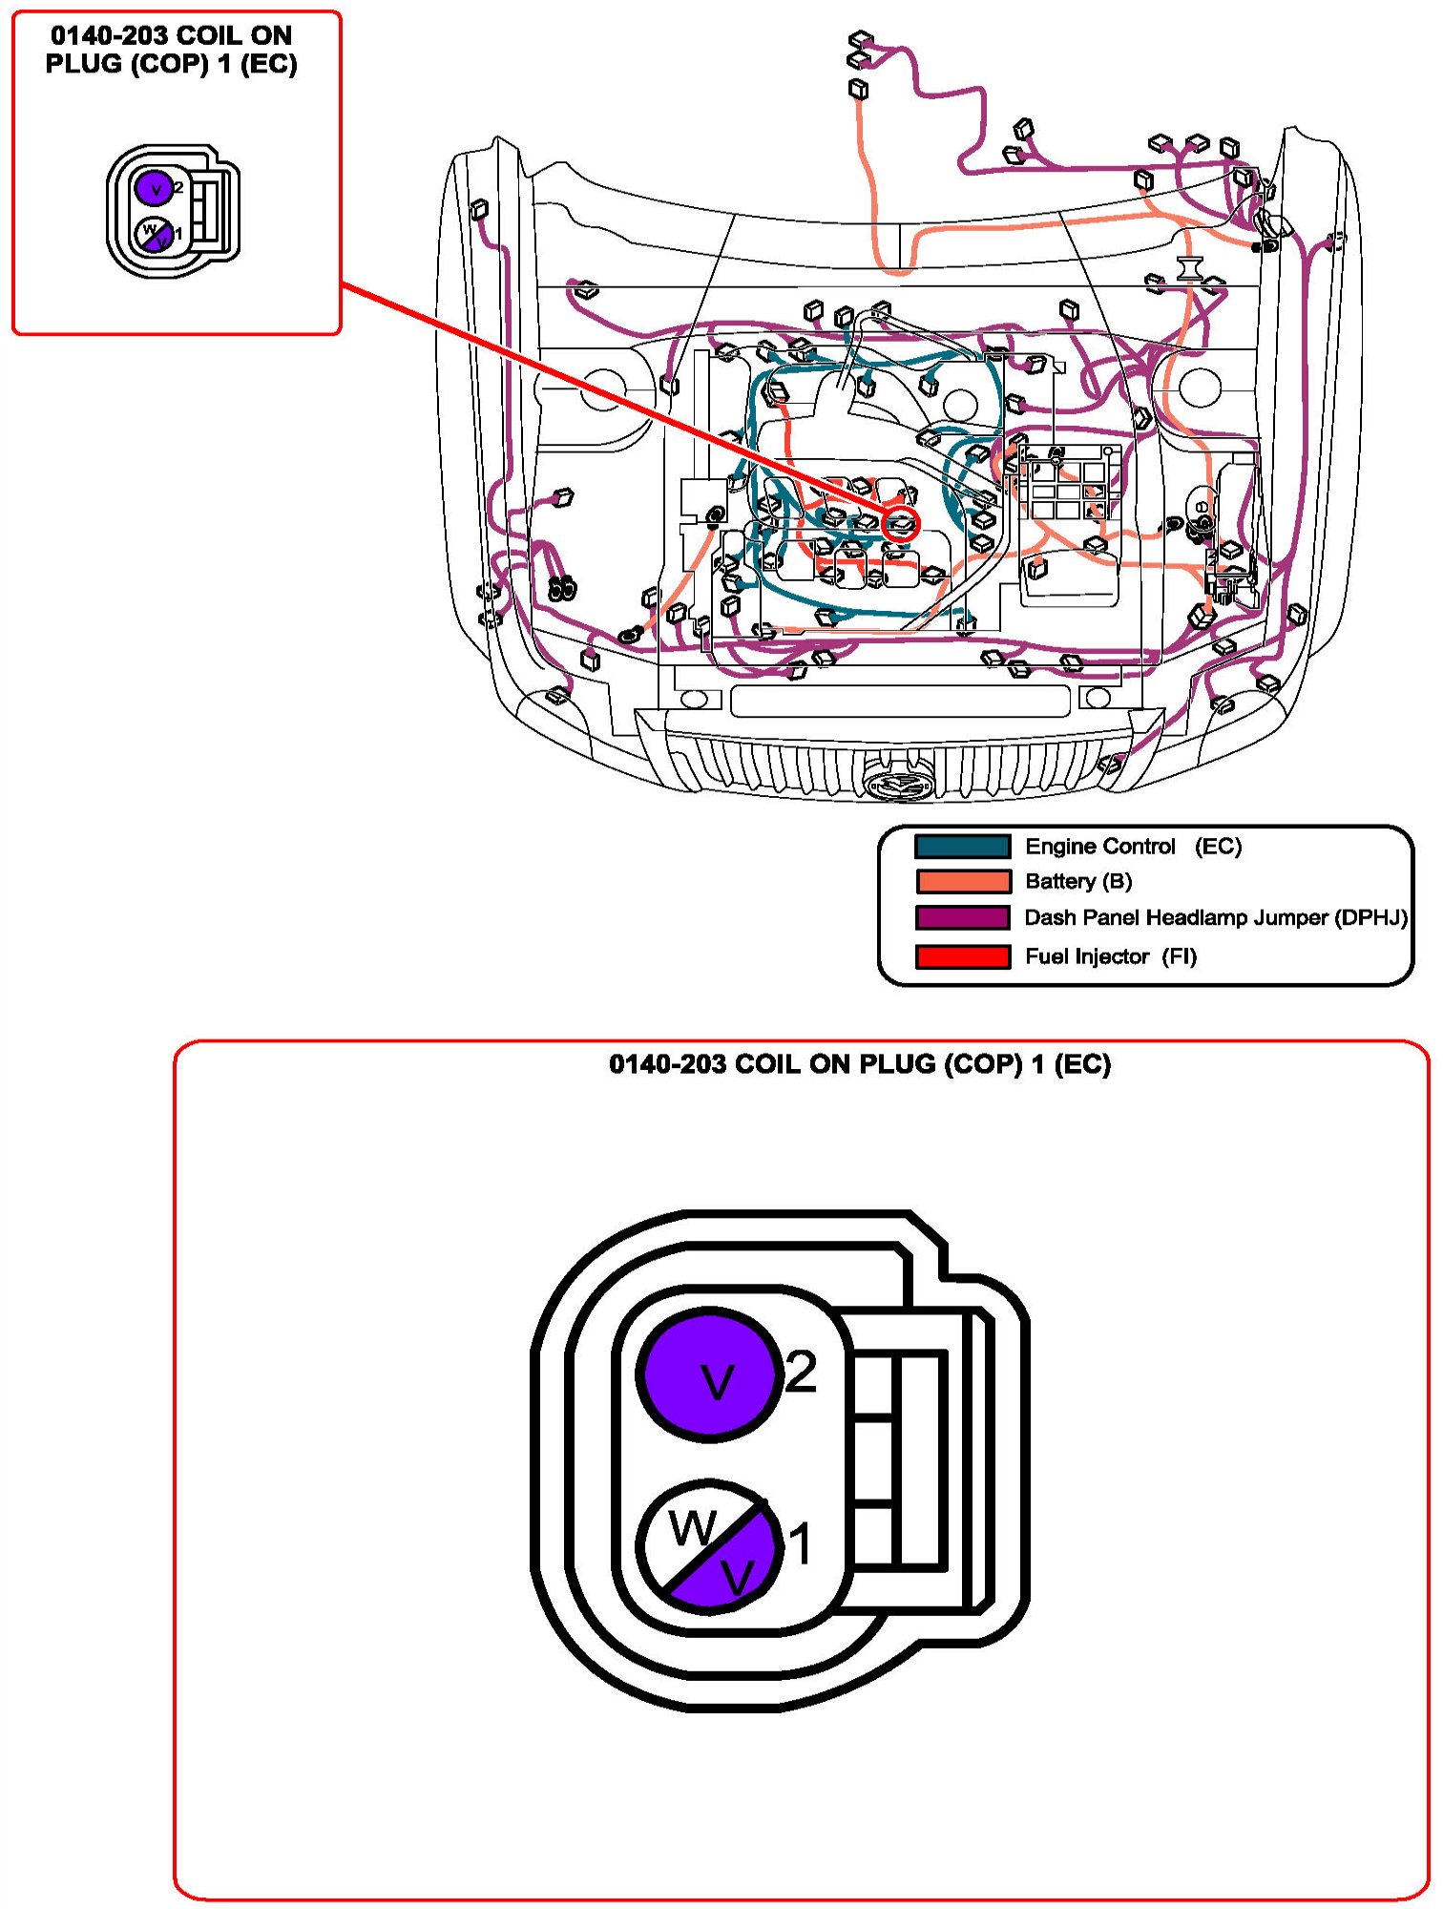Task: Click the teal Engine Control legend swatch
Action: (962, 846)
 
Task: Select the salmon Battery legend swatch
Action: (962, 881)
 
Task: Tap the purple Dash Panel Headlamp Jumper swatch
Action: (962, 917)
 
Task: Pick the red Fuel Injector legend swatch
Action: (962, 956)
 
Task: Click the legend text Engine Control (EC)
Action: (1133, 846)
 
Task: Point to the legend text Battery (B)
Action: (1078, 881)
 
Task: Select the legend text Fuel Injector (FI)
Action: (1110, 956)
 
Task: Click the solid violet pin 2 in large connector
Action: (709, 1374)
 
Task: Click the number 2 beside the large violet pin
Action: (801, 1373)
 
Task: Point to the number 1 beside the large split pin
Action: (799, 1543)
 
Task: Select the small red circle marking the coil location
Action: (902, 523)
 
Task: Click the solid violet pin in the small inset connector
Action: (153, 187)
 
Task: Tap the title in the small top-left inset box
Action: (172, 50)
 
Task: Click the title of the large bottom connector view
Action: (860, 1063)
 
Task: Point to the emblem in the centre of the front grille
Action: (897, 784)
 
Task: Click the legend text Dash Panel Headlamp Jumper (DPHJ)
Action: (1215, 917)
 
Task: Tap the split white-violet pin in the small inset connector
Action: (153, 234)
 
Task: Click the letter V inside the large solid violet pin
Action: (718, 1381)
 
